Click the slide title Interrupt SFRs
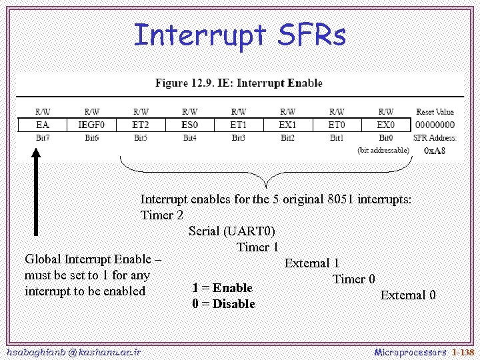(240, 35)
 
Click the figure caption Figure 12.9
(239, 83)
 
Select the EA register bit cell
(42, 125)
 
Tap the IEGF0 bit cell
(91, 125)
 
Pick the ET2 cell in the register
(141, 125)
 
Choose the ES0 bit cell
(189, 125)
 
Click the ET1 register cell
(239, 125)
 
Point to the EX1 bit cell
(287, 125)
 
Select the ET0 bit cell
(337, 125)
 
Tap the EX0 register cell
(385, 125)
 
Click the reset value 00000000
(435, 125)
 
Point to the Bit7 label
(42, 138)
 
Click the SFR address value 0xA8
(435, 151)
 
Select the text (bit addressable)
(383, 151)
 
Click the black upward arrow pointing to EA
(37, 193)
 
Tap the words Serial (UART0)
(231, 231)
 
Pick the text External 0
(408, 295)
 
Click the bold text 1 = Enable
(222, 288)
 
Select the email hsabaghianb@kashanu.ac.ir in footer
(72, 351)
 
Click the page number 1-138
(463, 351)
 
